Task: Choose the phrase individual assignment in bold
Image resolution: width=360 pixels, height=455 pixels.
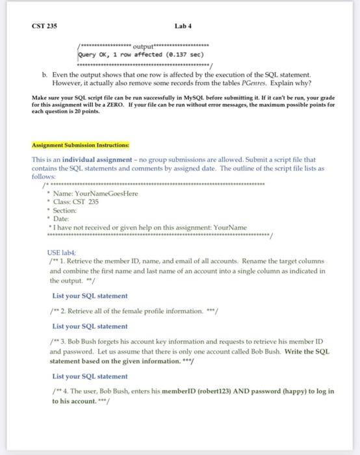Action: point(94,159)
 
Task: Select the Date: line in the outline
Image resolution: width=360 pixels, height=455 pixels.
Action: point(64,219)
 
